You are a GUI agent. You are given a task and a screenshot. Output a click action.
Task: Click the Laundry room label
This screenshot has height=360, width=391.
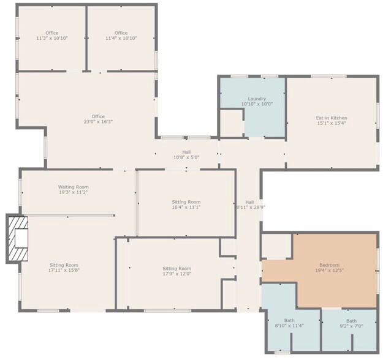tap(257, 99)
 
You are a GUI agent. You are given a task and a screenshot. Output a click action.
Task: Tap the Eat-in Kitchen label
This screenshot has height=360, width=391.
tap(332, 118)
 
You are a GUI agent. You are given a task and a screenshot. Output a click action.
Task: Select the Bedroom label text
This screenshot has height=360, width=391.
tap(329, 265)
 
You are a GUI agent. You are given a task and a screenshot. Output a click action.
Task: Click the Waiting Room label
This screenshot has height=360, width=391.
tap(74, 187)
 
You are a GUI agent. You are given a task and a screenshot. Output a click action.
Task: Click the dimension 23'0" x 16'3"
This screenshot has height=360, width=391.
tap(98, 122)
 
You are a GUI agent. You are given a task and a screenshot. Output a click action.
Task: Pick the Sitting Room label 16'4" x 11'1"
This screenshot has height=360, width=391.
tap(186, 202)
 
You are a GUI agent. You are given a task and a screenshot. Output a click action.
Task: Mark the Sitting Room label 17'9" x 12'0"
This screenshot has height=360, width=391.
tap(177, 268)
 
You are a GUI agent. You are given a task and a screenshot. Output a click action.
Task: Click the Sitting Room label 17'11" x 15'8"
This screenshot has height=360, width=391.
tap(64, 265)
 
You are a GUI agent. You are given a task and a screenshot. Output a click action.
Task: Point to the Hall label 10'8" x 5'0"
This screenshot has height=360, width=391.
tap(186, 152)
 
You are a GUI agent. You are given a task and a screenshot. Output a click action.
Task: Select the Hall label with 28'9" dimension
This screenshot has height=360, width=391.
tap(249, 202)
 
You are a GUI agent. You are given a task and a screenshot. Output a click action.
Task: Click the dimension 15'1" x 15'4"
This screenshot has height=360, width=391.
tap(332, 123)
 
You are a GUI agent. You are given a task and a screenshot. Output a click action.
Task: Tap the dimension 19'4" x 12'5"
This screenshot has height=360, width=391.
tap(329, 271)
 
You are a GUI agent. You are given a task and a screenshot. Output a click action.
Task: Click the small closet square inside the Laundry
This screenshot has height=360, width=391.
tap(232, 123)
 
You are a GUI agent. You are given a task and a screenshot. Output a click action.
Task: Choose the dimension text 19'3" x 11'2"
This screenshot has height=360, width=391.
tap(74, 192)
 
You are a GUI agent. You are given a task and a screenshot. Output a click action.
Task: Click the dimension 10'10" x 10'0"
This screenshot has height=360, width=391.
tap(257, 104)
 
